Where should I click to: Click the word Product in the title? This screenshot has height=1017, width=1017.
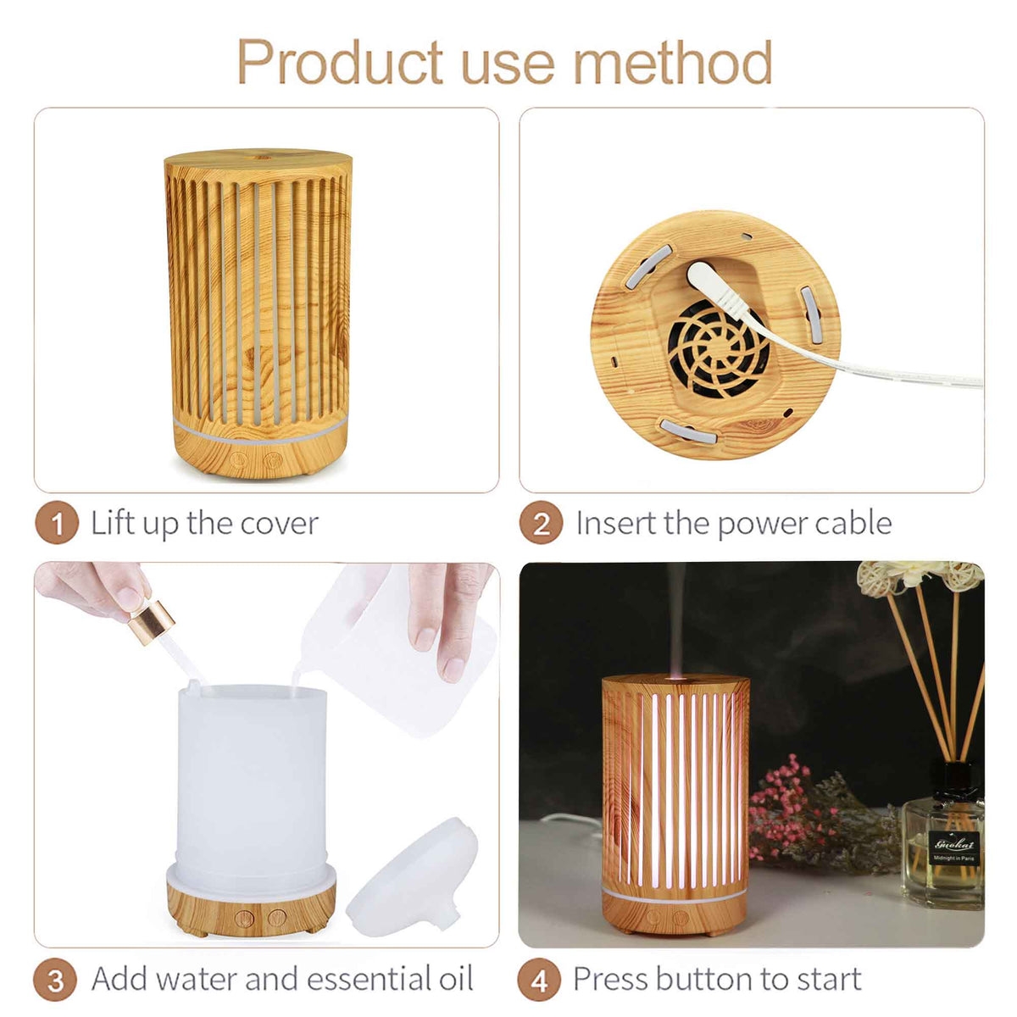click(x=340, y=61)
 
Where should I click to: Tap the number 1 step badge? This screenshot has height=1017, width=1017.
click(x=57, y=524)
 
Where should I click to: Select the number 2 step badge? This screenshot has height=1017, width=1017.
click(x=541, y=524)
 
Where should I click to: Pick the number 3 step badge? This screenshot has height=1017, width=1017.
click(x=56, y=980)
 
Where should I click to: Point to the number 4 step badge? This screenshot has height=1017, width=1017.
click(x=539, y=980)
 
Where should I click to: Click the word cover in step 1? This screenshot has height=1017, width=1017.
click(x=279, y=524)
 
